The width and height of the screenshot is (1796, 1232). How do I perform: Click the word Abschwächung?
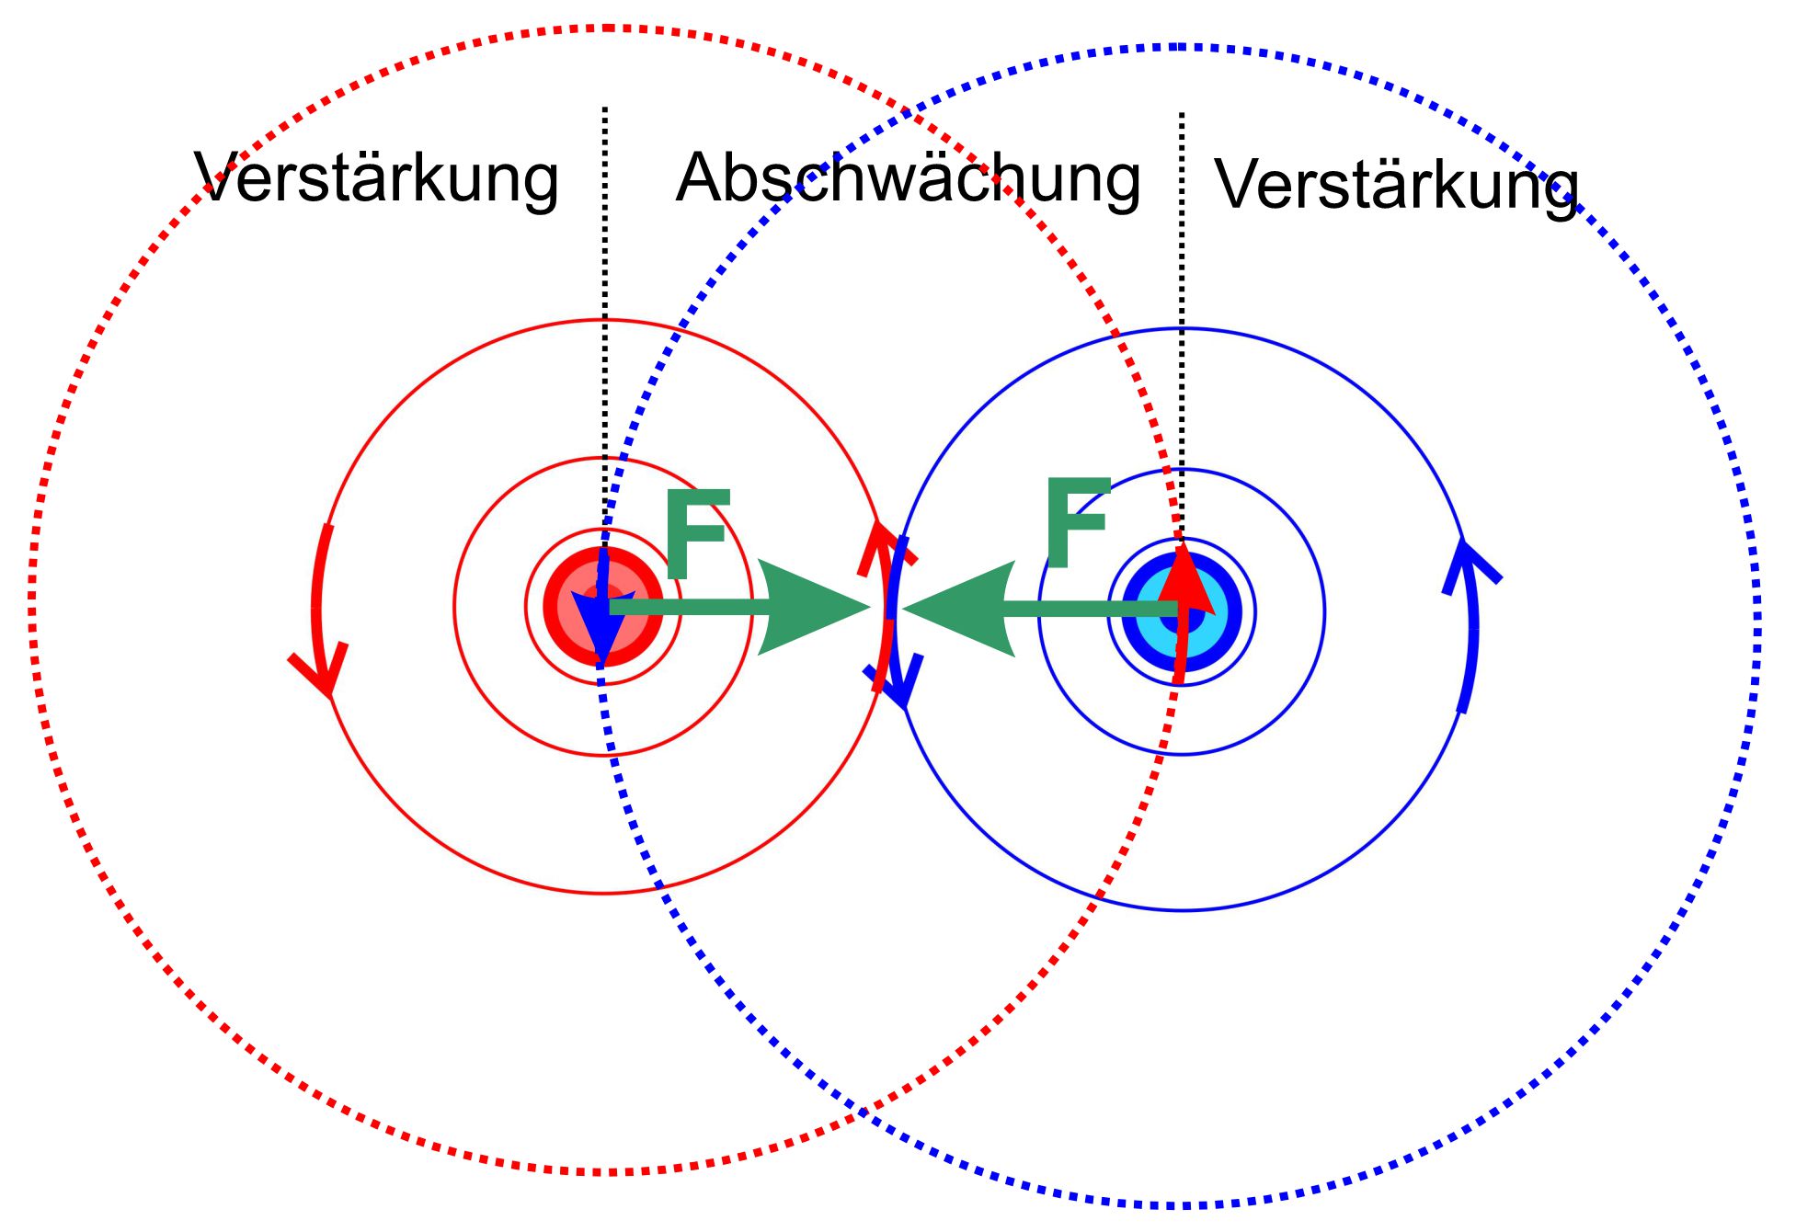(x=908, y=178)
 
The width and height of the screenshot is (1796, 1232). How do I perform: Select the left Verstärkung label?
(x=376, y=178)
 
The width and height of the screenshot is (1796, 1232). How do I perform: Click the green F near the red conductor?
(x=695, y=534)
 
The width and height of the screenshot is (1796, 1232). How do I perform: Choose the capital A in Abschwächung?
(x=699, y=178)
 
